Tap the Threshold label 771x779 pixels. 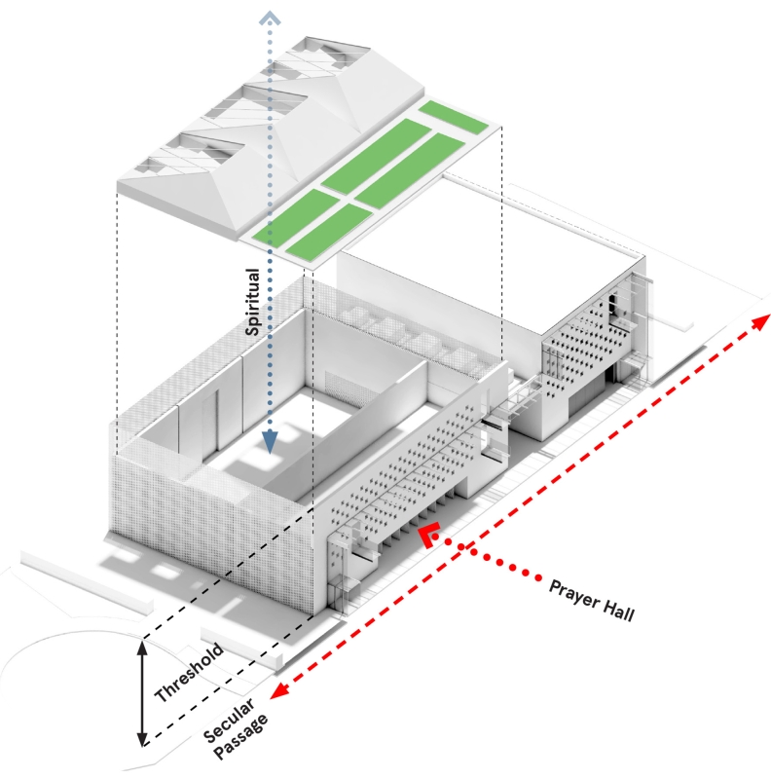(x=190, y=673)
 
